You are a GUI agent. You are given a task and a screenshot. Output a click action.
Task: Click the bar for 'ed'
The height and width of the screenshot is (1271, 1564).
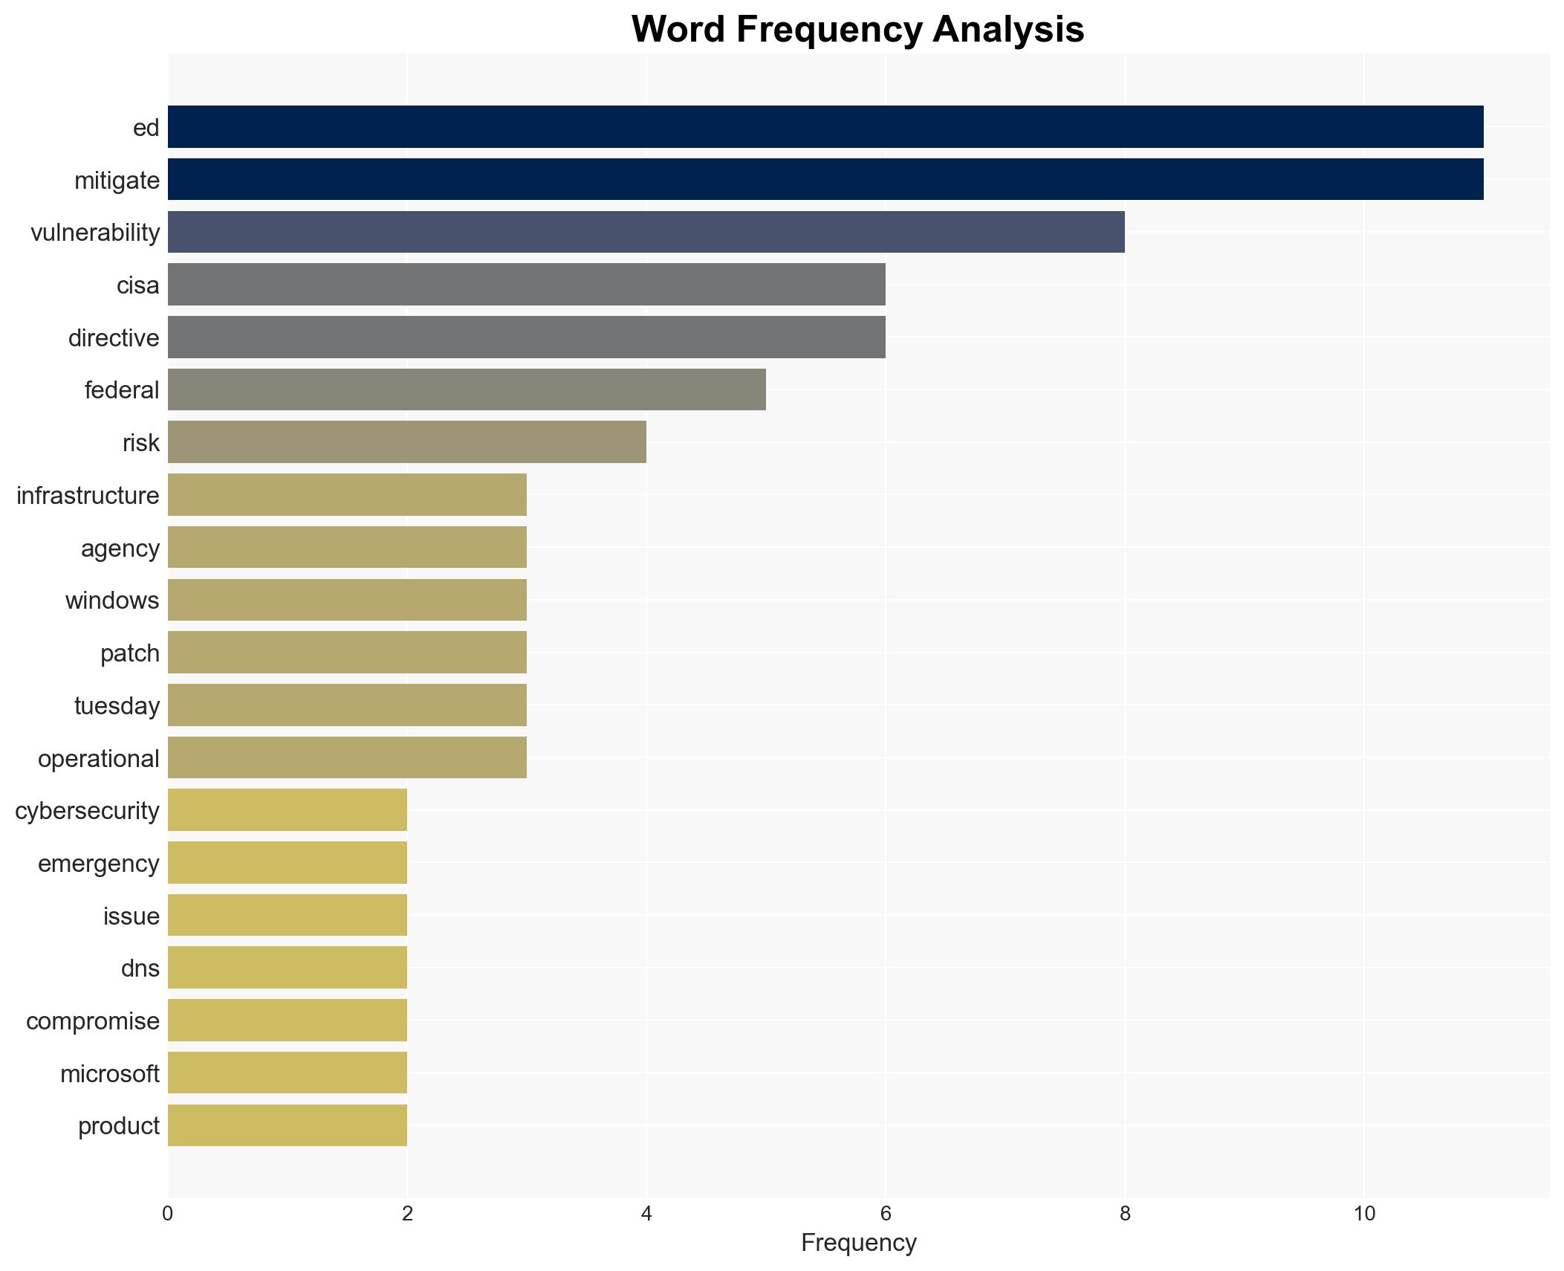(x=825, y=126)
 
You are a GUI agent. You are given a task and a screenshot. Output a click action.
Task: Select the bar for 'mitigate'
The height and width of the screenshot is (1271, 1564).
(x=825, y=179)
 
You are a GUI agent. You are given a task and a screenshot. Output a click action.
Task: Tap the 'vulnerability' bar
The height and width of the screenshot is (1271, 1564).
(x=646, y=232)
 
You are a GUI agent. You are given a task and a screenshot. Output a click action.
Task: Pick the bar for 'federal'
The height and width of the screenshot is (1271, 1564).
(x=467, y=389)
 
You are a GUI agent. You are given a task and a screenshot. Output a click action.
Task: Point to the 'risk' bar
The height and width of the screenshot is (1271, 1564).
(x=406, y=442)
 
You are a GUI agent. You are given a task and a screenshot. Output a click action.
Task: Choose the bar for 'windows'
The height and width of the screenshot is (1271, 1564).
(x=347, y=600)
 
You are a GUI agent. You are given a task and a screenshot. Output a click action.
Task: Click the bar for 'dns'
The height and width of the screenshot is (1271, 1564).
(x=287, y=967)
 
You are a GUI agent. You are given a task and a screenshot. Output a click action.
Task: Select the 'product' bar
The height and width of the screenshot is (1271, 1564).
(x=287, y=1125)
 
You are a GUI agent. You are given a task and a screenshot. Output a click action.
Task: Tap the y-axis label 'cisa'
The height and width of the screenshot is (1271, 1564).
(x=137, y=285)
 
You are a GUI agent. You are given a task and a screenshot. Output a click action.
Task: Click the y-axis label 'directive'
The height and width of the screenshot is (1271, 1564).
(x=114, y=338)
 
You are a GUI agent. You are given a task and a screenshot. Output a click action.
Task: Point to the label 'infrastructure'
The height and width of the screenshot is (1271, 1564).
(x=88, y=496)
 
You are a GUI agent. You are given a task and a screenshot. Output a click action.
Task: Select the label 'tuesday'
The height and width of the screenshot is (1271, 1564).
(x=117, y=706)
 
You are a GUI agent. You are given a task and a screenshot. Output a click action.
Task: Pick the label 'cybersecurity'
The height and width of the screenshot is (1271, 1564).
(x=87, y=811)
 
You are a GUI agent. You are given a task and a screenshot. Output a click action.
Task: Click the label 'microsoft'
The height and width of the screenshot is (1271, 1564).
(x=109, y=1074)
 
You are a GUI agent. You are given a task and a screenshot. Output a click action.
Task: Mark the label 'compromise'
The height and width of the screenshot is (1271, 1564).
(x=92, y=1021)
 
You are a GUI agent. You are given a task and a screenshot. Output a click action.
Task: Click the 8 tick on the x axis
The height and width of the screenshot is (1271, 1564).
(x=1124, y=1214)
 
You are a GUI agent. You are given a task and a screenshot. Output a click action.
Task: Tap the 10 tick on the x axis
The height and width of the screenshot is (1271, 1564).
(x=1363, y=1214)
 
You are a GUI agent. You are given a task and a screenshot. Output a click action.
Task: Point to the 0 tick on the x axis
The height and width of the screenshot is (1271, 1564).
(x=168, y=1214)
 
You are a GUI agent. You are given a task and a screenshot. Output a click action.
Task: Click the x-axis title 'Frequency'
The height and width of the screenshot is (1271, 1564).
(x=858, y=1243)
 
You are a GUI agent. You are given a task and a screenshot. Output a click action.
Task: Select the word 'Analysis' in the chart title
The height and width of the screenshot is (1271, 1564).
(x=1008, y=30)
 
